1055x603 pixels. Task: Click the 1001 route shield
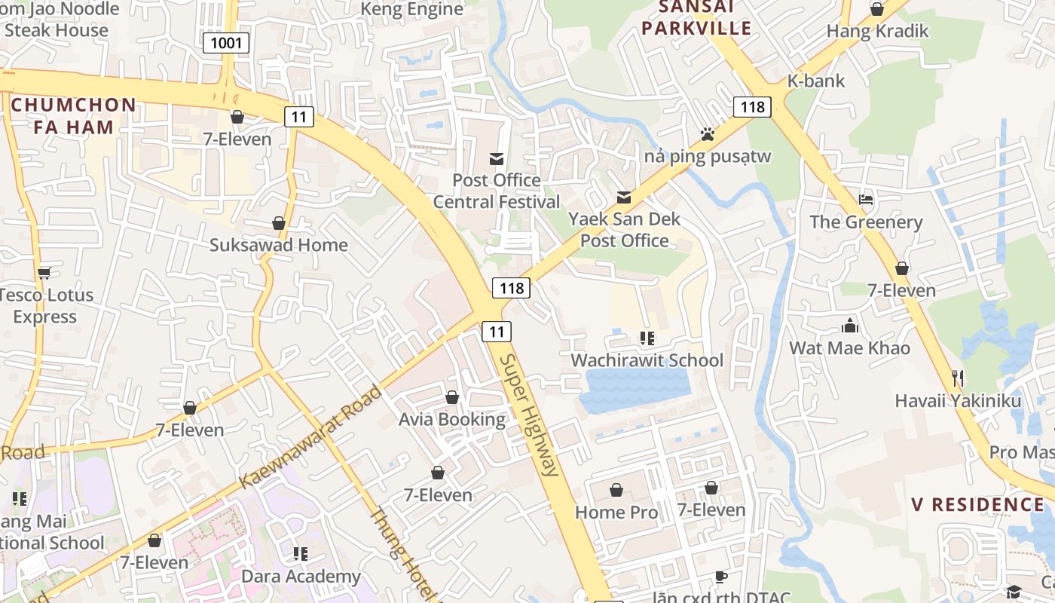coord(226,43)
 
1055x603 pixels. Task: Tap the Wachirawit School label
coord(647,360)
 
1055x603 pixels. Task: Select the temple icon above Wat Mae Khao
coord(850,326)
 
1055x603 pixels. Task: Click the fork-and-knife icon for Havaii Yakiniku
coord(958,378)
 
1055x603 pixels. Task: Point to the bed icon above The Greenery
coord(866,200)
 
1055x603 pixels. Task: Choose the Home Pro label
coord(616,513)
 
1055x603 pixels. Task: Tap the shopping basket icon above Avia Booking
coord(452,397)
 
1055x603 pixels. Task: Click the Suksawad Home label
coord(279,245)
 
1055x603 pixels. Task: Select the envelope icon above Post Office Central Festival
coord(497,158)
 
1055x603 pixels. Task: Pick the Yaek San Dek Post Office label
coord(624,230)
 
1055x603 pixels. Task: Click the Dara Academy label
coord(301,577)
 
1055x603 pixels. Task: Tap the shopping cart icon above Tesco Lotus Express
coord(44,272)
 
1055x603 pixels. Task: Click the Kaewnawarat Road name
coord(310,437)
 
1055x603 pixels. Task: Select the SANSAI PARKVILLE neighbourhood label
coord(705,18)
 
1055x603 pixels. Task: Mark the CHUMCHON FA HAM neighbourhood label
coord(74,116)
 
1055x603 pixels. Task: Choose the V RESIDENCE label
coord(977,504)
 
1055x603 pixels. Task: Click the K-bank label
coord(816,81)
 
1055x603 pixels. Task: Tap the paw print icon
coord(707,134)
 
